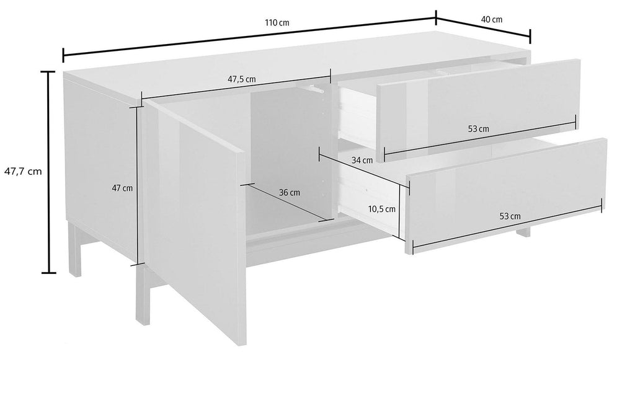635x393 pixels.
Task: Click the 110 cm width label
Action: (x=277, y=23)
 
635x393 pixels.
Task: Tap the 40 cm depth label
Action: (x=492, y=19)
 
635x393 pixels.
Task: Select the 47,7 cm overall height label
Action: (x=23, y=171)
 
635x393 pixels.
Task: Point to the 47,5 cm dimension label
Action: (x=242, y=79)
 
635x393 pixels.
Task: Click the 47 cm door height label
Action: (x=122, y=188)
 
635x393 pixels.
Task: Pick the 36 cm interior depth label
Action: (x=290, y=193)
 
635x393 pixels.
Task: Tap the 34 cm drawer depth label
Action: (x=362, y=161)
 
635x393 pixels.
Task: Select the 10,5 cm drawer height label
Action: (x=382, y=210)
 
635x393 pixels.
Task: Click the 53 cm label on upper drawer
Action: (x=478, y=129)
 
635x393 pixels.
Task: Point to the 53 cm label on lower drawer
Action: (x=510, y=216)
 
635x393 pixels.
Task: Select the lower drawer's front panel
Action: (x=506, y=196)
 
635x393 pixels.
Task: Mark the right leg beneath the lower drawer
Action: (x=523, y=232)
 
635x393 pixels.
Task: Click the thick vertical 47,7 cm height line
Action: (x=49, y=172)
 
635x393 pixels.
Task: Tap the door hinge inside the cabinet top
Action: (x=313, y=88)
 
